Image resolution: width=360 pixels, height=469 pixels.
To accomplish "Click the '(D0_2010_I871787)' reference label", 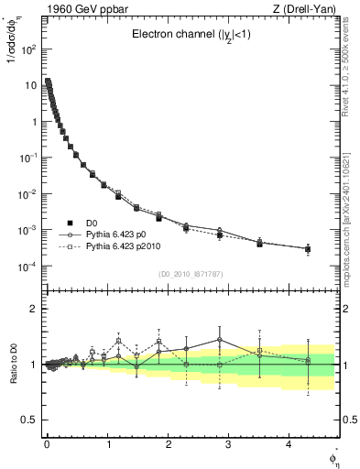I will [x=191, y=274].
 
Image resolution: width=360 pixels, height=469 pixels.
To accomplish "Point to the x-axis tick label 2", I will [x=168, y=444].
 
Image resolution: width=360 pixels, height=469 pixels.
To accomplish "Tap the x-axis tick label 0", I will [x=47, y=444].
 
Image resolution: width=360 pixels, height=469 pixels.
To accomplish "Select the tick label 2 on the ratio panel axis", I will [x=33, y=309].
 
